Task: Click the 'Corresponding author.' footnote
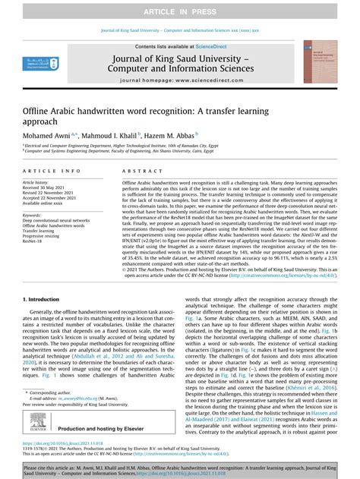pyautogui.click(x=52, y=392)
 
